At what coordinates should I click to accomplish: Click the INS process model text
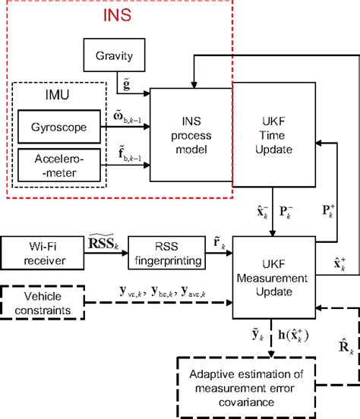[190, 134]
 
